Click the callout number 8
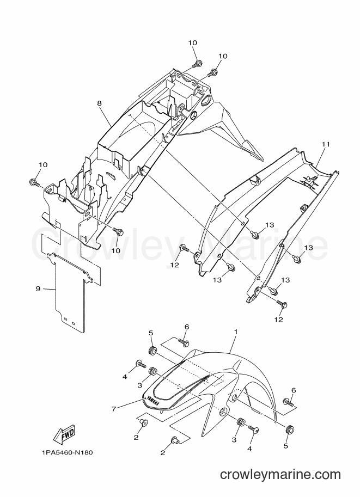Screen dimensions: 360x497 [100, 103]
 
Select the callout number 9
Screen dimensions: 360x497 [38, 289]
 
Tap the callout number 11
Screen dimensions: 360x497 [326, 145]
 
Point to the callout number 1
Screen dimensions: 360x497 [236, 332]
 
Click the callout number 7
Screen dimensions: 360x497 [113, 409]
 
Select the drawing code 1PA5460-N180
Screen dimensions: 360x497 [67, 452]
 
